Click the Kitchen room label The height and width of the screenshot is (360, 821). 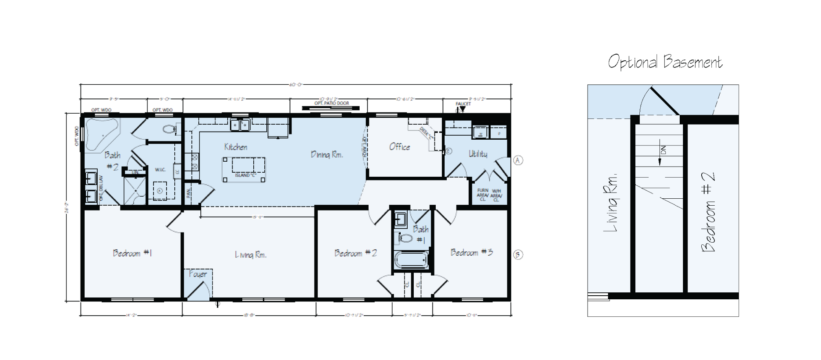coord(235,147)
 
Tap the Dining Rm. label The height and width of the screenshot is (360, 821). coord(327,155)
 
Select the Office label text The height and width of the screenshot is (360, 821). coord(399,147)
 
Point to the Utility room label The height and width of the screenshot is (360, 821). coord(478,154)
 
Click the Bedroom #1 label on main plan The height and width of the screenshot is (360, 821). coord(132,253)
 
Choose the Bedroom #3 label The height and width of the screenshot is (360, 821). coord(472,252)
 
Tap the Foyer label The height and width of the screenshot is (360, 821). coord(198,274)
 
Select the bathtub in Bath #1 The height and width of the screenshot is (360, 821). coord(411,260)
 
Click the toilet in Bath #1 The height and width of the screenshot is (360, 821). coord(406,238)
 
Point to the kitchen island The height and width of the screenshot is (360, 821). coord(244,169)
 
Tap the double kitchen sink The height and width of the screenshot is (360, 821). coord(240,125)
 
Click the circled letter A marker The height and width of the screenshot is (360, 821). coord(518,160)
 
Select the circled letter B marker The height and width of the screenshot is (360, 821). coord(518,255)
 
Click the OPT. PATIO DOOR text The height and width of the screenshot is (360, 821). coord(331,103)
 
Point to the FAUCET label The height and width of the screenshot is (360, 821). coord(463,104)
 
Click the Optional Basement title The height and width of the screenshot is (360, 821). coord(665,62)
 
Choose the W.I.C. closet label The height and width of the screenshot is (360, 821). coord(160,170)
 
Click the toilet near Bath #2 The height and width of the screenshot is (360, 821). coord(169,130)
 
